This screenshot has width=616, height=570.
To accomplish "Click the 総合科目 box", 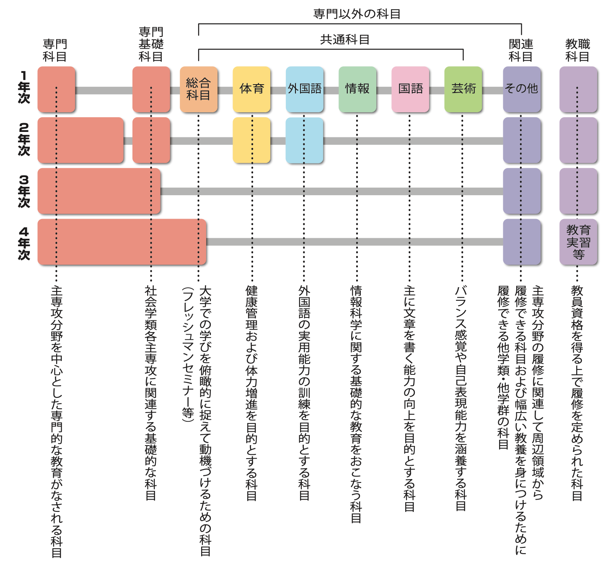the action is (199, 89).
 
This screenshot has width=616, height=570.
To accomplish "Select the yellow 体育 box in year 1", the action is (251, 89).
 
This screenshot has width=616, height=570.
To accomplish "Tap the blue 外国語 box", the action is (305, 89).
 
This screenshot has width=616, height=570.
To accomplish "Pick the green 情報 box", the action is (357, 89).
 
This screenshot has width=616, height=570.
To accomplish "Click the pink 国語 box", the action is (410, 89).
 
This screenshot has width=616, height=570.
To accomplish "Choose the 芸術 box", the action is (463, 89).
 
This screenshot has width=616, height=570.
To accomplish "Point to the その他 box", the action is (522, 89).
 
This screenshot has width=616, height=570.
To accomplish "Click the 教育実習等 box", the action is (578, 242).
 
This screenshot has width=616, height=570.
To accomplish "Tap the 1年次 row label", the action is (24, 87).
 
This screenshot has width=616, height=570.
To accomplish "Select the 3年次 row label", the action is (24, 191).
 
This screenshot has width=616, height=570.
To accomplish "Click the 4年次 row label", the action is (24, 243).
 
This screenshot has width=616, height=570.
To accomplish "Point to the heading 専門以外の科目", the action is (357, 14).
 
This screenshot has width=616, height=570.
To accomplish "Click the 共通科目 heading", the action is (344, 40).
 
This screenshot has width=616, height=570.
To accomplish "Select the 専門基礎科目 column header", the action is (151, 44).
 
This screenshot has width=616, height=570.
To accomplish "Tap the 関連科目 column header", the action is (521, 50).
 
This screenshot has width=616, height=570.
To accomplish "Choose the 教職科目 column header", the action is (577, 50).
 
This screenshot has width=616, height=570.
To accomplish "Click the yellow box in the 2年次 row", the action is (251, 140).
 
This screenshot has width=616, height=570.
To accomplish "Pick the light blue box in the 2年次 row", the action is (305, 140).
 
